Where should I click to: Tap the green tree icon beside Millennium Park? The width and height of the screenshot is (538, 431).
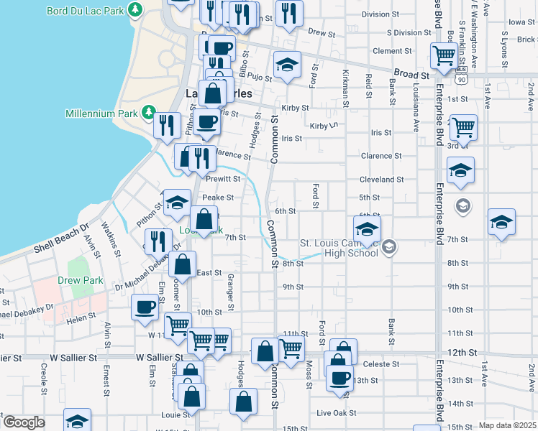[x=147, y=113]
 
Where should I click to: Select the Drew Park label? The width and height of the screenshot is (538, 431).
[x=81, y=280]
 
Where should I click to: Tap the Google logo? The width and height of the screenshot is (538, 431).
[x=24, y=422]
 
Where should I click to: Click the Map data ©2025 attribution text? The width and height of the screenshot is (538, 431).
[x=507, y=425]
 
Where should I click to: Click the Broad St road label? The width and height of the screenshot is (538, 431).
[x=411, y=74]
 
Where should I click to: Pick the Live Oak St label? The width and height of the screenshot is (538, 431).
[x=332, y=412]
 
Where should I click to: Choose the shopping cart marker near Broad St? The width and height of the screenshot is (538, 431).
[x=444, y=54]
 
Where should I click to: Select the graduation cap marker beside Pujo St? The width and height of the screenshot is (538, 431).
[x=287, y=66]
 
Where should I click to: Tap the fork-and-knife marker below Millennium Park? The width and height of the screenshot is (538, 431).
[x=167, y=125]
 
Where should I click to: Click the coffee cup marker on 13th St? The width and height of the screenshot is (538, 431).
[x=339, y=377]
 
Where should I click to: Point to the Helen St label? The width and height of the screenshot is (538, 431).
[x=81, y=316]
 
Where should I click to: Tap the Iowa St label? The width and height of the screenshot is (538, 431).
[x=521, y=22]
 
